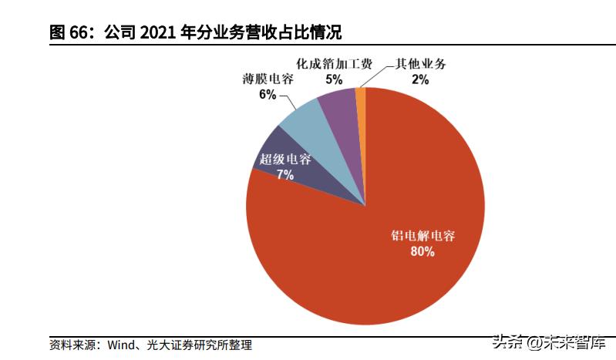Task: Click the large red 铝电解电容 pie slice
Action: (362, 262)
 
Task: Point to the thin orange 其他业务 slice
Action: (360, 96)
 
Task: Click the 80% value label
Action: (422, 251)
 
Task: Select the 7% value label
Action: (284, 175)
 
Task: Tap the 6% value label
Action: (267, 95)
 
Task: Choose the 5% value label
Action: (334, 78)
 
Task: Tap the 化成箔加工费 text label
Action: (334, 63)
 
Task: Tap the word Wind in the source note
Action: (121, 345)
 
